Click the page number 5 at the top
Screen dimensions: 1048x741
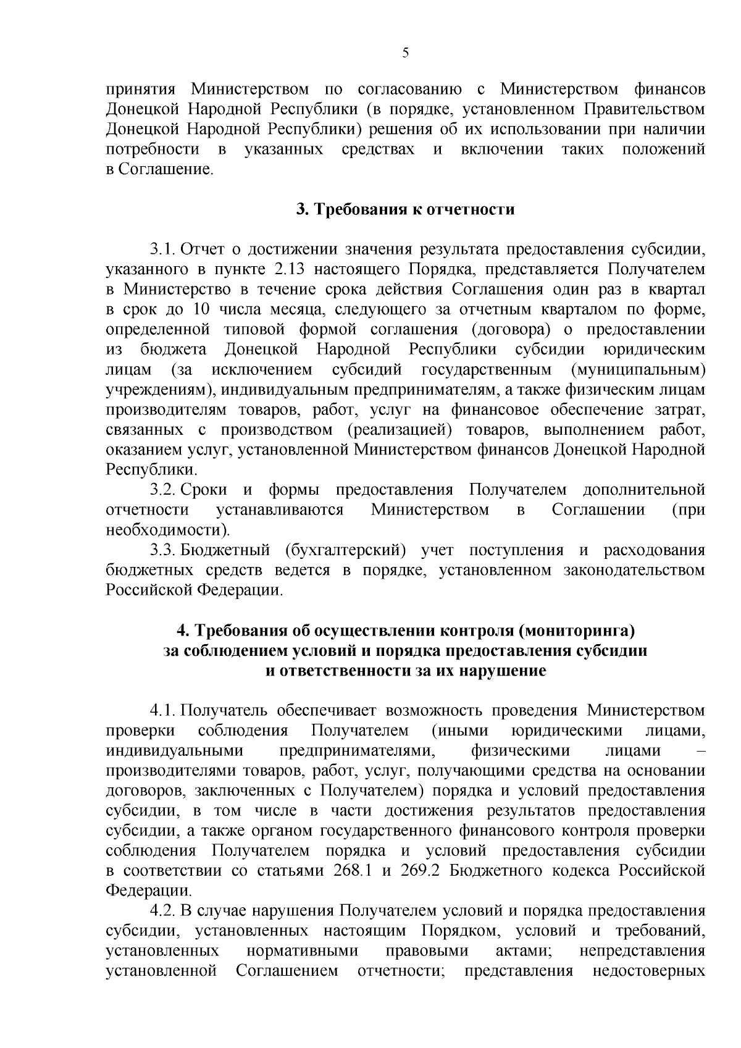[405, 53]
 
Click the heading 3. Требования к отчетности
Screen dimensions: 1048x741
[405, 209]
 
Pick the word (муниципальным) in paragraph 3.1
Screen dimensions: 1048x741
[638, 370]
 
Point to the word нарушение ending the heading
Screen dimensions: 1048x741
[501, 671]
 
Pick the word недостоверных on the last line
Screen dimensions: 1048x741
[648, 971]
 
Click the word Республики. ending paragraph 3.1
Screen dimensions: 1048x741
[151, 470]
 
